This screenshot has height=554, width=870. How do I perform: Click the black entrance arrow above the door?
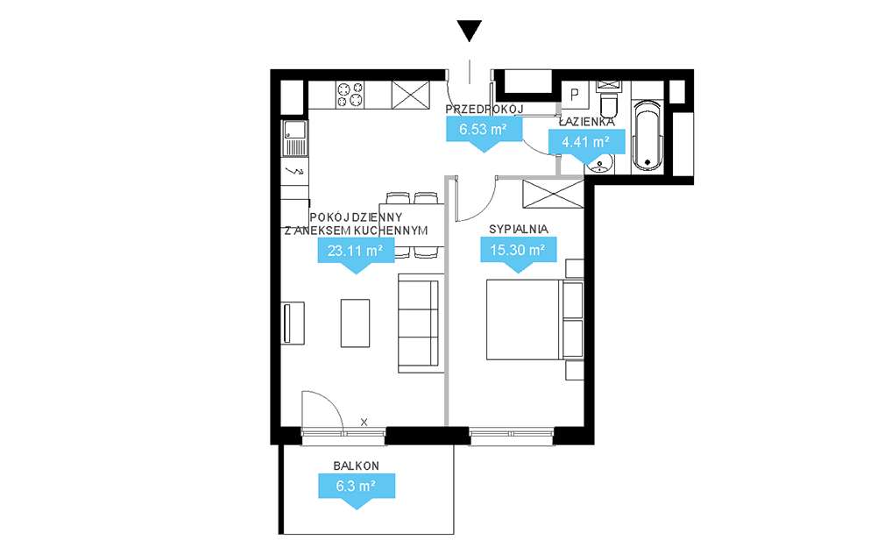[470, 32]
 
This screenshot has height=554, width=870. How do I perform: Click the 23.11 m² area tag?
[355, 252]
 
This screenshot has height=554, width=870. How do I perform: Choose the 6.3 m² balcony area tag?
[355, 485]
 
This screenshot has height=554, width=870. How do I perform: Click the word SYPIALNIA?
[519, 229]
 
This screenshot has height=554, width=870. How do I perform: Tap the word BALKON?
[355, 466]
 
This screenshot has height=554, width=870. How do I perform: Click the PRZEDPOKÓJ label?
[485, 109]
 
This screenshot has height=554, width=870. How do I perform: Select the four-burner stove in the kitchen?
[350, 93]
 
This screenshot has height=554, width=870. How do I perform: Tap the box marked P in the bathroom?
[576, 94]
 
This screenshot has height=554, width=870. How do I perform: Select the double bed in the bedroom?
[524, 320]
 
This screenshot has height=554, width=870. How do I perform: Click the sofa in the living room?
[418, 322]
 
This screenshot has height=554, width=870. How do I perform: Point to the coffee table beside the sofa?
[355, 322]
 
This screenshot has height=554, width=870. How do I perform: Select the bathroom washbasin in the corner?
[600, 164]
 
